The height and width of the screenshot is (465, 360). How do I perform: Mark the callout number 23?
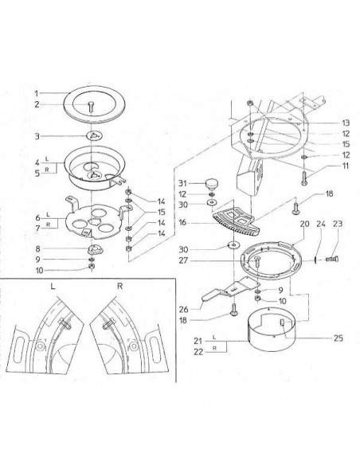tap(338, 225)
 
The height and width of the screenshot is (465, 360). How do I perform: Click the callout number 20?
tap(303, 225)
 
